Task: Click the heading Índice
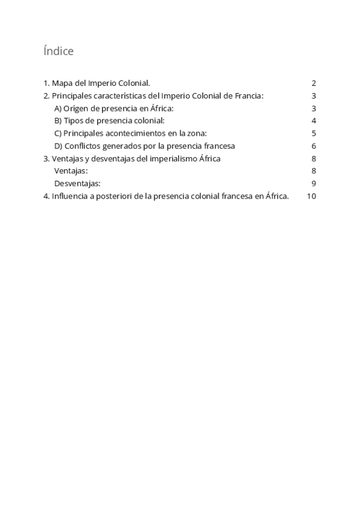pyautogui.click(x=58, y=52)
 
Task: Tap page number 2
pyautogui.click(x=314, y=83)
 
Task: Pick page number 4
pyautogui.click(x=314, y=121)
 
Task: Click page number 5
pyautogui.click(x=314, y=133)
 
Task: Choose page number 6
pyautogui.click(x=314, y=146)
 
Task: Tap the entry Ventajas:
pyautogui.click(x=71, y=171)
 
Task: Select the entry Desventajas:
pyautogui.click(x=77, y=184)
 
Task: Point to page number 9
pyautogui.click(x=314, y=184)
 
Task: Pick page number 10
pyautogui.click(x=311, y=196)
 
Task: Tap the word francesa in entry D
pyautogui.click(x=217, y=146)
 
